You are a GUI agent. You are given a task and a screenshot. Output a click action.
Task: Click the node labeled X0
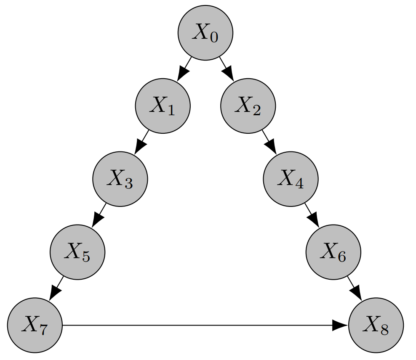click(205, 33)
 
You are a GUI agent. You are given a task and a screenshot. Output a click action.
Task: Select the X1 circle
click(163, 106)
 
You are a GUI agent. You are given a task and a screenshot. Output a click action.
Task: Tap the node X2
click(248, 106)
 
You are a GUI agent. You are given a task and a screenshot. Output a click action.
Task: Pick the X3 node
click(120, 179)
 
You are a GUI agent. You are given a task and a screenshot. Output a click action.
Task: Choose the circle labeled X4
click(291, 179)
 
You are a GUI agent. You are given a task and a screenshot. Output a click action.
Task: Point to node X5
click(77, 252)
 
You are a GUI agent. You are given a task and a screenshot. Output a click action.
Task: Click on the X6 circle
click(333, 252)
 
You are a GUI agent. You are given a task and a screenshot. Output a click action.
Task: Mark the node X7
click(35, 325)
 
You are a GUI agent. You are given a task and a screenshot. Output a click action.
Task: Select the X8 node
click(376, 325)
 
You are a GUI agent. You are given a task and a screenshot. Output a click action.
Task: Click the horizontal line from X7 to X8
click(198, 325)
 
